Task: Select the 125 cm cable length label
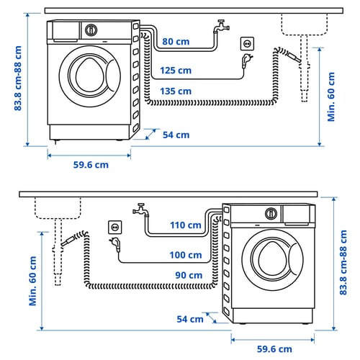click(176, 71)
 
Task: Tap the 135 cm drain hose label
click(176, 91)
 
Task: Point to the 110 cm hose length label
click(186, 225)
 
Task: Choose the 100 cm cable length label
click(186, 255)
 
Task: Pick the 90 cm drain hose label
click(189, 275)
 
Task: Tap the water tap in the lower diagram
click(140, 211)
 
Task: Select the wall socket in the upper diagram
click(247, 45)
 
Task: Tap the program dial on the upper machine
click(91, 30)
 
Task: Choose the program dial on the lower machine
click(271, 213)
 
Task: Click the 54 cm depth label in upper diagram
click(176, 135)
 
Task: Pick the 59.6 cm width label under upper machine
click(91, 165)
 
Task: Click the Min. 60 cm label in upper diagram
click(332, 96)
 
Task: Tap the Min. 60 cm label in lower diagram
click(34, 281)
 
